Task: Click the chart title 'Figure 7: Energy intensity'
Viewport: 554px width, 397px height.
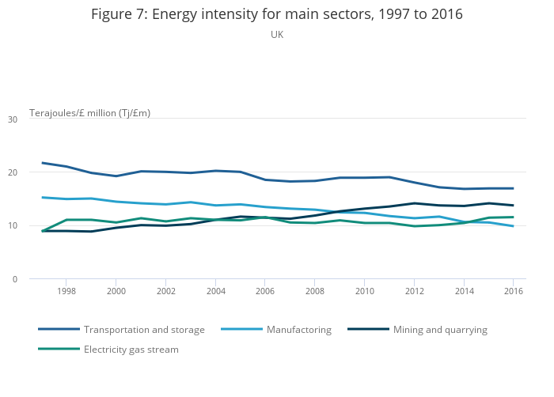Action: click(x=276, y=14)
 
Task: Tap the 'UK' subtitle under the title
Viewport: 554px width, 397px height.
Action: click(x=277, y=35)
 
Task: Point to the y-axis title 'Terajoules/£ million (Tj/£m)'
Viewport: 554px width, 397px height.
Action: click(x=89, y=113)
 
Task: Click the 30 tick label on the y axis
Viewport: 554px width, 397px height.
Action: click(x=12, y=119)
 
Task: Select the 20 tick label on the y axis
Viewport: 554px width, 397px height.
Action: click(x=12, y=172)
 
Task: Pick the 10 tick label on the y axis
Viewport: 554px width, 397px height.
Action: click(x=12, y=226)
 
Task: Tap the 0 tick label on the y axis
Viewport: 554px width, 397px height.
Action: click(x=14, y=279)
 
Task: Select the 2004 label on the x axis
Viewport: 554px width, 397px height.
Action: click(x=215, y=292)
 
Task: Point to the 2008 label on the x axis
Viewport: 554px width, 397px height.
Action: click(x=314, y=292)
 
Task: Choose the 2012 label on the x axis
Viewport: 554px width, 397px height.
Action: click(x=413, y=292)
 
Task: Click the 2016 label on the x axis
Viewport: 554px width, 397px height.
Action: click(x=513, y=292)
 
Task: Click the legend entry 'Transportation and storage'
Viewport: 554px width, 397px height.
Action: click(x=144, y=329)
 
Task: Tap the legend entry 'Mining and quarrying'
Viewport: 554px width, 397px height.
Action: click(x=440, y=329)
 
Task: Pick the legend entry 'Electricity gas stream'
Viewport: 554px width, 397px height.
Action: click(x=131, y=349)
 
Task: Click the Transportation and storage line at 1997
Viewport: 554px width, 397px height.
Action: click(x=42, y=163)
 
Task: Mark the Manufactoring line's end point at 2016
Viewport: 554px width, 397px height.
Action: click(x=513, y=226)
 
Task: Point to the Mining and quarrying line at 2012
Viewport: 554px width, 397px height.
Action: click(x=413, y=203)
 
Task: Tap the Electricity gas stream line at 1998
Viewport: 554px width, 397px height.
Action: click(x=66, y=220)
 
